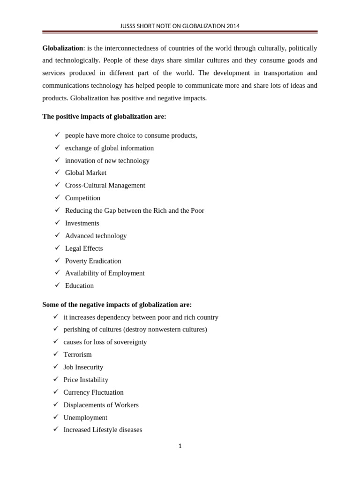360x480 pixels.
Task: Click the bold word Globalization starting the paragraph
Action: coord(62,48)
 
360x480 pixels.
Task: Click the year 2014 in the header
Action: coord(232,26)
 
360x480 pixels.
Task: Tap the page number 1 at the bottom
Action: coord(180,446)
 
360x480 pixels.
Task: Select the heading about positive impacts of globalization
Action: coord(104,117)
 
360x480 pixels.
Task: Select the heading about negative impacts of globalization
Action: coord(117,305)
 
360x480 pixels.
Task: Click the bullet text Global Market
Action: coord(86,173)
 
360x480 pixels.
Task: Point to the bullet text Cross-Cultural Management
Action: coord(105,186)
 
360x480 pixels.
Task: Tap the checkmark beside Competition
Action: coord(57,198)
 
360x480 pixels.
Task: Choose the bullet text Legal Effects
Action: coord(84,248)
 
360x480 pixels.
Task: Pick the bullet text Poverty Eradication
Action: coord(93,261)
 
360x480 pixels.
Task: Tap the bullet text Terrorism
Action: coord(77,355)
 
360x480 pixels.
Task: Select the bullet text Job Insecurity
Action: coord(83,367)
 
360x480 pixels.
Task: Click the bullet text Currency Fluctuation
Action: coord(93,392)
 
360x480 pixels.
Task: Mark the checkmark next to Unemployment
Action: coord(56,417)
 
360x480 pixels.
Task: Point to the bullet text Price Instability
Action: coord(86,380)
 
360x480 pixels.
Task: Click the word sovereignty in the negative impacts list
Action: coord(127,342)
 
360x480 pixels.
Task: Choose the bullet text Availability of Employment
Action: coord(105,273)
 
